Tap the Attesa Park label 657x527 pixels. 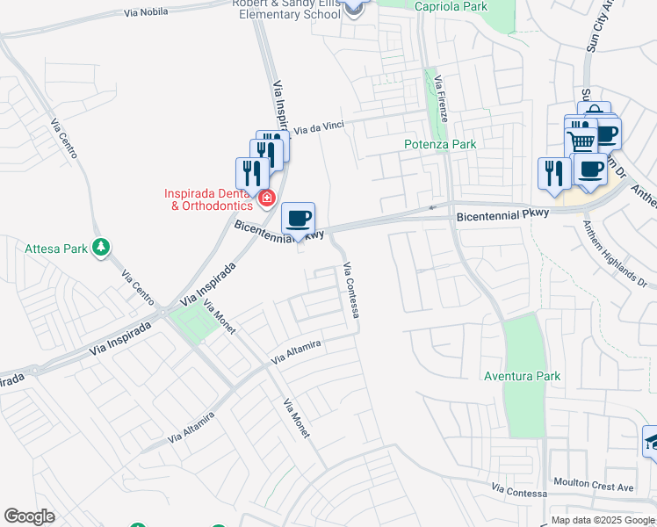pos(56,249)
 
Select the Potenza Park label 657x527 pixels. pos(439,144)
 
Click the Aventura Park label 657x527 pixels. pos(522,376)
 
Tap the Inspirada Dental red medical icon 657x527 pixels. pos(266,199)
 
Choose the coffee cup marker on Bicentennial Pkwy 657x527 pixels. pos(299,218)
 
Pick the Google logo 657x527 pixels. pos(29,516)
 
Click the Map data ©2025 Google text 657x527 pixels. pos(603,520)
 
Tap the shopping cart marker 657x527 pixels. pos(581,141)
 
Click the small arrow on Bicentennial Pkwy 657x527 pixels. pos(431,208)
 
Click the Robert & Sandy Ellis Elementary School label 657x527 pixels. pos(286,9)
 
